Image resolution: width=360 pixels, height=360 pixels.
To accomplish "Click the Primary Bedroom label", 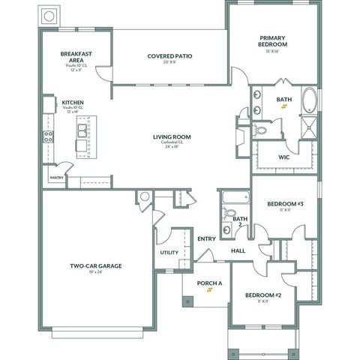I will (x=274, y=40).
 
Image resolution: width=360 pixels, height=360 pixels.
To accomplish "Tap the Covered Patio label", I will (x=172, y=55).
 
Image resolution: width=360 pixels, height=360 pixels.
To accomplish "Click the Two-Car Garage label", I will (x=96, y=266).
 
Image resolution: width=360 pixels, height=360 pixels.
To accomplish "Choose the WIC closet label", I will (x=283, y=157).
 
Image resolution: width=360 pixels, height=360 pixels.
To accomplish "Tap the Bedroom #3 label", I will (x=285, y=204).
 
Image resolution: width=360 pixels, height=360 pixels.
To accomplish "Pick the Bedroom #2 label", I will (x=263, y=295).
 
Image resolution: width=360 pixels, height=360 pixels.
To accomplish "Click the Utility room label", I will (x=169, y=253).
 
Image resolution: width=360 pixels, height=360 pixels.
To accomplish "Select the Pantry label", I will (x=56, y=178).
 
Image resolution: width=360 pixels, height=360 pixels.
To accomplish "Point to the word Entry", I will (x=206, y=239).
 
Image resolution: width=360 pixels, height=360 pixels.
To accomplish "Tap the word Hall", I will (x=238, y=250).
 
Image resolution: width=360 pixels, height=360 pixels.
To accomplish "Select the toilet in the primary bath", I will (x=260, y=130).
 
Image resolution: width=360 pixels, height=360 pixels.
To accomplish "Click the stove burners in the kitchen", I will (x=49, y=136).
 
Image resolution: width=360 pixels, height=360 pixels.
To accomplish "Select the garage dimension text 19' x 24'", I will (x=96, y=274).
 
